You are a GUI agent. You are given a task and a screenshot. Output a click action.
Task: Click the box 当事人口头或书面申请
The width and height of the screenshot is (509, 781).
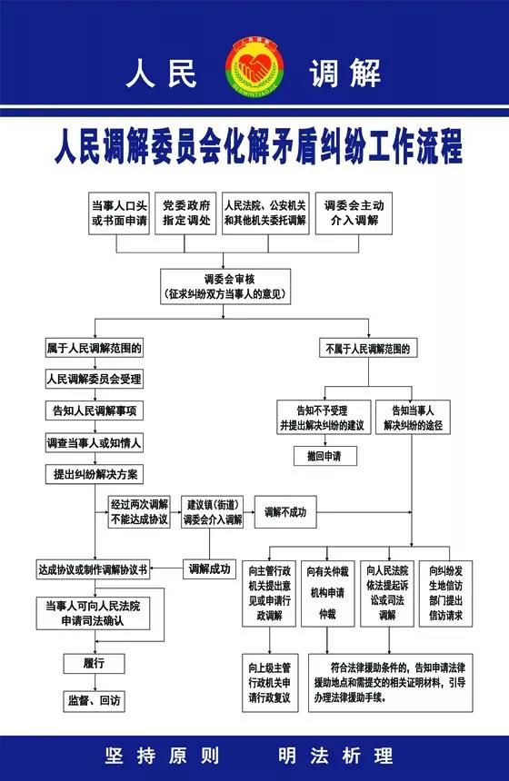[x=119, y=213]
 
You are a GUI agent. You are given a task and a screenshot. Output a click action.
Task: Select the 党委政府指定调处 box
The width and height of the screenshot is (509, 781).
[x=186, y=213]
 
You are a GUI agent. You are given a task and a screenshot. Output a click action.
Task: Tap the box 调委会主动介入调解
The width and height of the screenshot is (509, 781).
[x=354, y=213]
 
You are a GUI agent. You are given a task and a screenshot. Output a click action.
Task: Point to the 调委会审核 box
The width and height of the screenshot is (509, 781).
[x=225, y=286]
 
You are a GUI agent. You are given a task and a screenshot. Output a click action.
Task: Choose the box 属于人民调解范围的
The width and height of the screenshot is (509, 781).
[x=95, y=348]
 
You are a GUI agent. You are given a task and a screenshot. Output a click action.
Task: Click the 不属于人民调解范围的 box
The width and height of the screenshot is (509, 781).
[x=368, y=349]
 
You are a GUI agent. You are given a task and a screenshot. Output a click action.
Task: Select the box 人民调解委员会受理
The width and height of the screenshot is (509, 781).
[x=95, y=379]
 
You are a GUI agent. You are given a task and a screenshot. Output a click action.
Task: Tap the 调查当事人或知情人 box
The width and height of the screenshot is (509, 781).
[x=95, y=443]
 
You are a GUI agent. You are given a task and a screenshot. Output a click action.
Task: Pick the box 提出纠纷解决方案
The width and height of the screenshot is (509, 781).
[x=95, y=475]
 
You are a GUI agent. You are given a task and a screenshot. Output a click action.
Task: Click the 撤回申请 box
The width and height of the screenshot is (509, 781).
[x=324, y=456]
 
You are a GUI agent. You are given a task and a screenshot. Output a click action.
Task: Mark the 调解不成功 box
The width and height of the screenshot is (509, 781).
[x=285, y=512]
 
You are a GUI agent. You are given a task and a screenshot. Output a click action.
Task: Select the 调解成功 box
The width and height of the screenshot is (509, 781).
[x=209, y=568]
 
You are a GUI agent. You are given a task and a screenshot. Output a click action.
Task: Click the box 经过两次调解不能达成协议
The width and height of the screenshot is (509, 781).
[x=139, y=512]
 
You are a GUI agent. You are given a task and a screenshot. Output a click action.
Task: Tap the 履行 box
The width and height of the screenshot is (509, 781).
[x=94, y=664]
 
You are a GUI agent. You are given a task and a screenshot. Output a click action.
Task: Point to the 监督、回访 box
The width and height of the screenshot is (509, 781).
[x=94, y=701]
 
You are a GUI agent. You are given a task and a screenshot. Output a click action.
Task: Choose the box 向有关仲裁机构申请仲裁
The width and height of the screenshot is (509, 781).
[x=327, y=593]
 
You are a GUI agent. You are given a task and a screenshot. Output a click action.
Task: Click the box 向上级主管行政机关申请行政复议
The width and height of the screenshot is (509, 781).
[x=270, y=683]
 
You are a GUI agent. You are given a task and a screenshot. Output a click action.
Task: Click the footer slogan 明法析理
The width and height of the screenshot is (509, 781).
[x=335, y=756]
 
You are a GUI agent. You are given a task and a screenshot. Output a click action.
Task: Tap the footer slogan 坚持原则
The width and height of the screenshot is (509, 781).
[x=163, y=756]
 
